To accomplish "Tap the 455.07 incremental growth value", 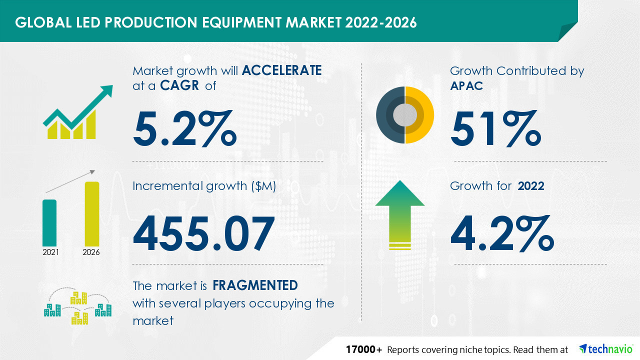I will coord(203,233).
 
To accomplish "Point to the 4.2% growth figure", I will coord(502,233).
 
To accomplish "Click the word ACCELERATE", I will coord(281,70).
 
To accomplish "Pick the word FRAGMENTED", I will coord(255,285).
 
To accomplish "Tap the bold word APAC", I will coord(466,85).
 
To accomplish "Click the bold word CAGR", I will coord(178,85).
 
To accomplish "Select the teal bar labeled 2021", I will coord(49,222).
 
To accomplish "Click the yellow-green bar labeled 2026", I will coord(91,213).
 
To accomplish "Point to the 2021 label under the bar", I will coord(50,252).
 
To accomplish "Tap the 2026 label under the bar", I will coord(91,252).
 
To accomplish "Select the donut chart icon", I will coord(405,115).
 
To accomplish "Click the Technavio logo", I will coord(605,349).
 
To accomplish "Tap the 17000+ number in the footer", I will coord(364,349).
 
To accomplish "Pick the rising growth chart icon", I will coord(77,112).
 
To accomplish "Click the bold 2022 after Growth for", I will coord(531,186).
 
